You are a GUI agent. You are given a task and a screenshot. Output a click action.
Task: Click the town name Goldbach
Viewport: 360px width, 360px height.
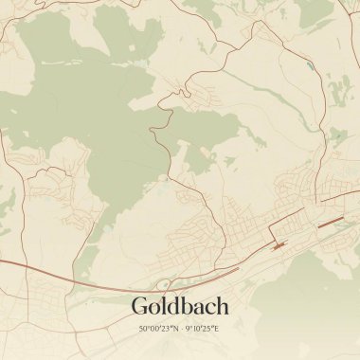click(180, 306)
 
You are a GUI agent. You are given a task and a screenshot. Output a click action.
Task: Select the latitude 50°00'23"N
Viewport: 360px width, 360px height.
click(158, 329)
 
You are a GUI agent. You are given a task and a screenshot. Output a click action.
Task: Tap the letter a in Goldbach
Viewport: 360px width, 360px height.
click(196, 308)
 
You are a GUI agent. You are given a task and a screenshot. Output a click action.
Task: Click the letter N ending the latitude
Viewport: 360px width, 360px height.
click(175, 329)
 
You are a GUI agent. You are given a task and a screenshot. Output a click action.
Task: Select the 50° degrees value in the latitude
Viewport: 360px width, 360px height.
click(145, 329)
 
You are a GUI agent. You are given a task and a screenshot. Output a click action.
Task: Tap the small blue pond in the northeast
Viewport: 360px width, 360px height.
click(309, 67)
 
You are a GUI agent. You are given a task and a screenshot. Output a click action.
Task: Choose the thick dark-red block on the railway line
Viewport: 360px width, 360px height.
click(279, 244)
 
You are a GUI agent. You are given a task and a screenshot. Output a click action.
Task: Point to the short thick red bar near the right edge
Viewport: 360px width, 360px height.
click(331, 224)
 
